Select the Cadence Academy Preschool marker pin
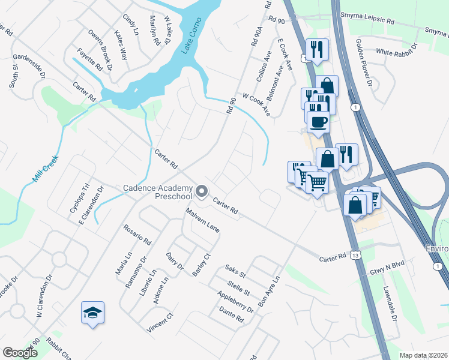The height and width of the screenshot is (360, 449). pyautogui.click(x=201, y=192)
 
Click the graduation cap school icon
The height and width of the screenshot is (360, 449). pyautogui.click(x=92, y=313)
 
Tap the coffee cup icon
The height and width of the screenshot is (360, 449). pyautogui.click(x=318, y=122)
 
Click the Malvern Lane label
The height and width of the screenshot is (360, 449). pyautogui.click(x=203, y=220)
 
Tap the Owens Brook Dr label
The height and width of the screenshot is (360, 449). pyautogui.click(x=100, y=44)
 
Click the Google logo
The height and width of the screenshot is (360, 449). pyautogui.click(x=20, y=353)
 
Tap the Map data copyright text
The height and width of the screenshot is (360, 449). pyautogui.click(x=423, y=355)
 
